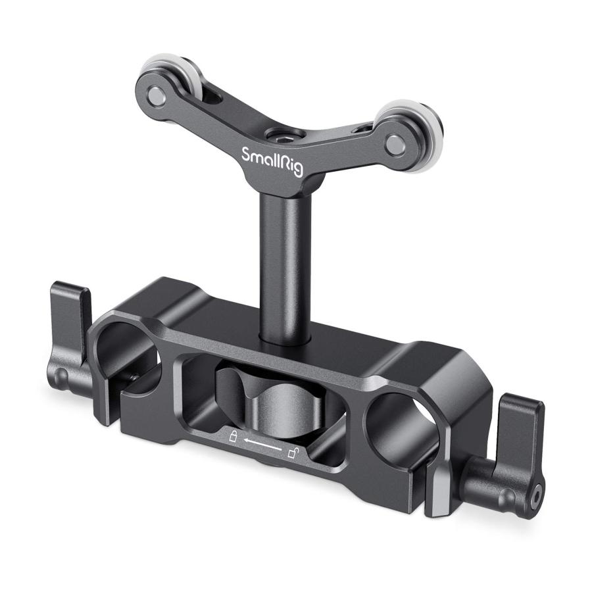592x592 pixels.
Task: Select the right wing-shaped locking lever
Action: pos(520,454)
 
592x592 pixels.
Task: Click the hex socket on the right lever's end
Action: pos(539,491)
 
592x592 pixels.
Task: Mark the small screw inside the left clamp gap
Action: pos(134,376)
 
